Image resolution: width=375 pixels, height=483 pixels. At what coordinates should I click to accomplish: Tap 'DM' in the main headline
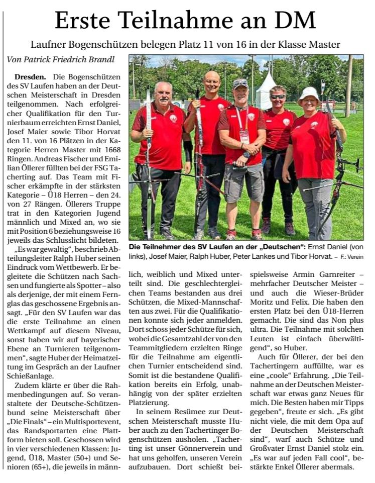(296, 21)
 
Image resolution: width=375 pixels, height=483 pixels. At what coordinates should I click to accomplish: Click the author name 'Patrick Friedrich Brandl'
(68, 59)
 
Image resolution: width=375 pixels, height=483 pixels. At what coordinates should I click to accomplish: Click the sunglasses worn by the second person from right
(278, 96)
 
